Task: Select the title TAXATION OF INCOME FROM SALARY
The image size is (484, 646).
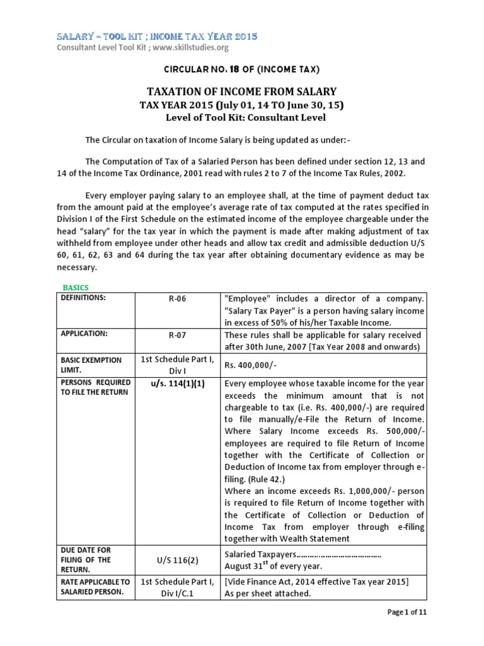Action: [x=241, y=91]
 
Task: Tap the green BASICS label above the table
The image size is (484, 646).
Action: [x=76, y=287]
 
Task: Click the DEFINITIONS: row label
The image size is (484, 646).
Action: [x=83, y=297]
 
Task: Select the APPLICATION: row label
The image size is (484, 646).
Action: [x=83, y=332]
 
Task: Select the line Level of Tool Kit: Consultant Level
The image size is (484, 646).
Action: [x=241, y=117]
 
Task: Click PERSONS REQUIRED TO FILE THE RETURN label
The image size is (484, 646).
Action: [x=96, y=387]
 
